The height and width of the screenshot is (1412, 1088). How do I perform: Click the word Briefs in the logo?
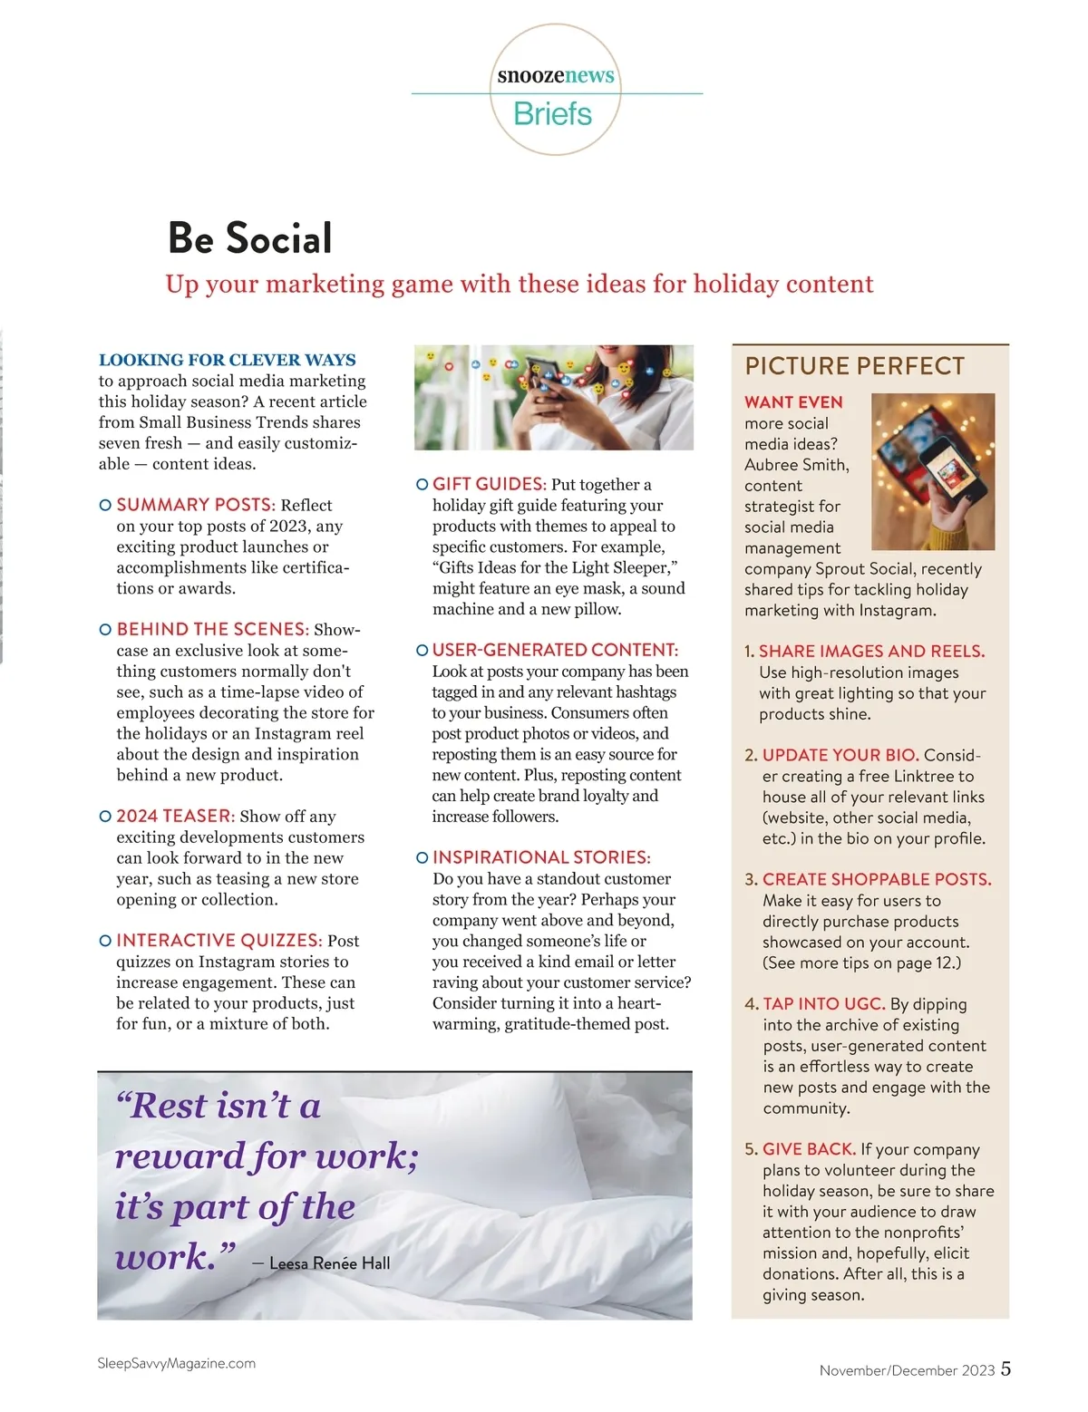pos(552,114)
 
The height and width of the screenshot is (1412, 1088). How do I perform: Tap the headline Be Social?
pos(250,238)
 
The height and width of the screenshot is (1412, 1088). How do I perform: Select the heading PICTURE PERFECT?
pos(854,366)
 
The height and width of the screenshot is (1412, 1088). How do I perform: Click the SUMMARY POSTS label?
pos(195,505)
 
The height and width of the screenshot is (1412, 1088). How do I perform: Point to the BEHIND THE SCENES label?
pos(212,629)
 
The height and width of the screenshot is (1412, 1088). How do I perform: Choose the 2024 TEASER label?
pos(175,816)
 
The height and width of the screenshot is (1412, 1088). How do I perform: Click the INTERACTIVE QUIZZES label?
pos(219,941)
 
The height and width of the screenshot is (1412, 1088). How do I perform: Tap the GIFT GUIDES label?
pos(489,484)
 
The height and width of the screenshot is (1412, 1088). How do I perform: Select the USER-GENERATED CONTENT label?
pos(555,650)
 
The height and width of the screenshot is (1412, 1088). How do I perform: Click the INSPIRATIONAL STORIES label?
pos(541,857)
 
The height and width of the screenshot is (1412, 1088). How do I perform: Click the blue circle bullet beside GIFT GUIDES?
pos(422,485)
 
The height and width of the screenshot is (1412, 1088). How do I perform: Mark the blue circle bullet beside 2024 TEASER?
pos(105,817)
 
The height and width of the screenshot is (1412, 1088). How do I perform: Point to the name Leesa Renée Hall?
pos(330,1263)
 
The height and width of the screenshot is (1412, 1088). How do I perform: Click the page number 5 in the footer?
pos(1005,1368)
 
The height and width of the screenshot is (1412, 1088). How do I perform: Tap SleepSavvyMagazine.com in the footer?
pos(176,1363)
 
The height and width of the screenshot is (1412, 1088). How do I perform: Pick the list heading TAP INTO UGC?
pos(823,1004)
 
